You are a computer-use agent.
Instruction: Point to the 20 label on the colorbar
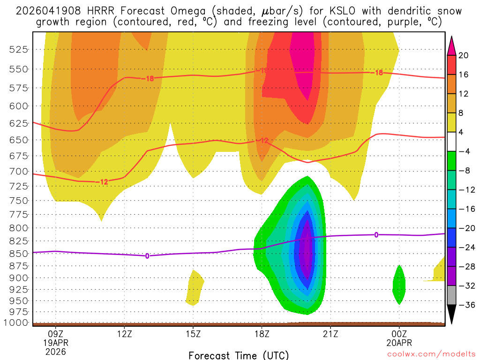(464, 55)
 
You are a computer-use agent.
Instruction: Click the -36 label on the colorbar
(465, 305)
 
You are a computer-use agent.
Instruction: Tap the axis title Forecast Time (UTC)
(239, 355)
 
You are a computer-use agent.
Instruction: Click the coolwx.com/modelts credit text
(431, 353)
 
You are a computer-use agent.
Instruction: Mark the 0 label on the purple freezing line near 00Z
(376, 234)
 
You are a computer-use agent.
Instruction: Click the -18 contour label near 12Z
(148, 79)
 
